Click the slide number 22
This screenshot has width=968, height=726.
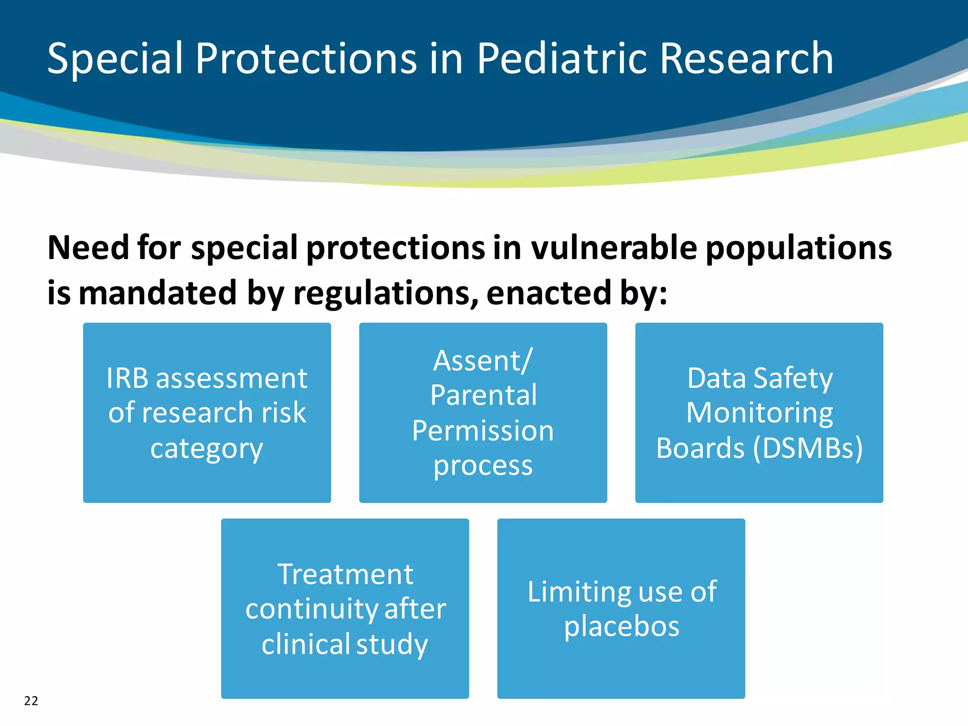pos(31,700)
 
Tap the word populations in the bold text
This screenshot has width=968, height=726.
pos(798,248)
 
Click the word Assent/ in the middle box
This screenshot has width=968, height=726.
pos(483,361)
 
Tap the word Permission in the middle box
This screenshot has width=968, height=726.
pos(483,431)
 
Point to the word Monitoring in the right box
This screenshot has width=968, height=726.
pos(759,413)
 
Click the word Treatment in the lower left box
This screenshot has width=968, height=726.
pos(345,574)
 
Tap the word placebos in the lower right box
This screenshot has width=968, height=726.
pos(622,626)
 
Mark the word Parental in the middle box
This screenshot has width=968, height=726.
pos(483,395)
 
